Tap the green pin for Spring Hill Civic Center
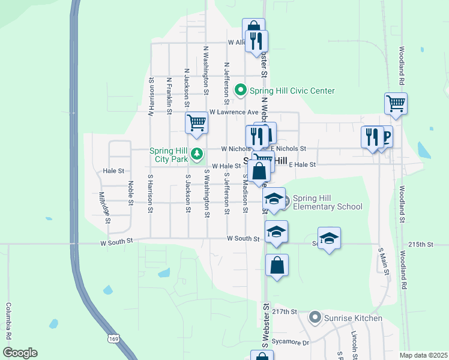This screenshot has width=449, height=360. [x=241, y=91]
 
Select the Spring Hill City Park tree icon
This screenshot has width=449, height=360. [x=196, y=155]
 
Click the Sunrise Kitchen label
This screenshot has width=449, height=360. [x=354, y=317]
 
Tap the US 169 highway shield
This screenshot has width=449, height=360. [x=113, y=340]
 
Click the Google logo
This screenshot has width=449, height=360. [x=20, y=353]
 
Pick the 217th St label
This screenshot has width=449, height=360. [x=285, y=312]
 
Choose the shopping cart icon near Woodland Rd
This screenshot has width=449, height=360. [x=396, y=104]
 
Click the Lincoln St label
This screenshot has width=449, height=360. [x=355, y=342]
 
